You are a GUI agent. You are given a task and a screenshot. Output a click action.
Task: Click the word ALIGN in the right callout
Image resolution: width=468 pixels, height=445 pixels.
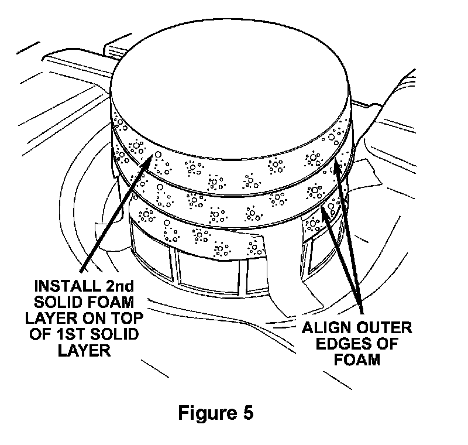(324, 327)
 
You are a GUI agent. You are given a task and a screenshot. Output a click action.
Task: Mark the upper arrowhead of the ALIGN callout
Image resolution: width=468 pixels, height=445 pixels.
(336, 169)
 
